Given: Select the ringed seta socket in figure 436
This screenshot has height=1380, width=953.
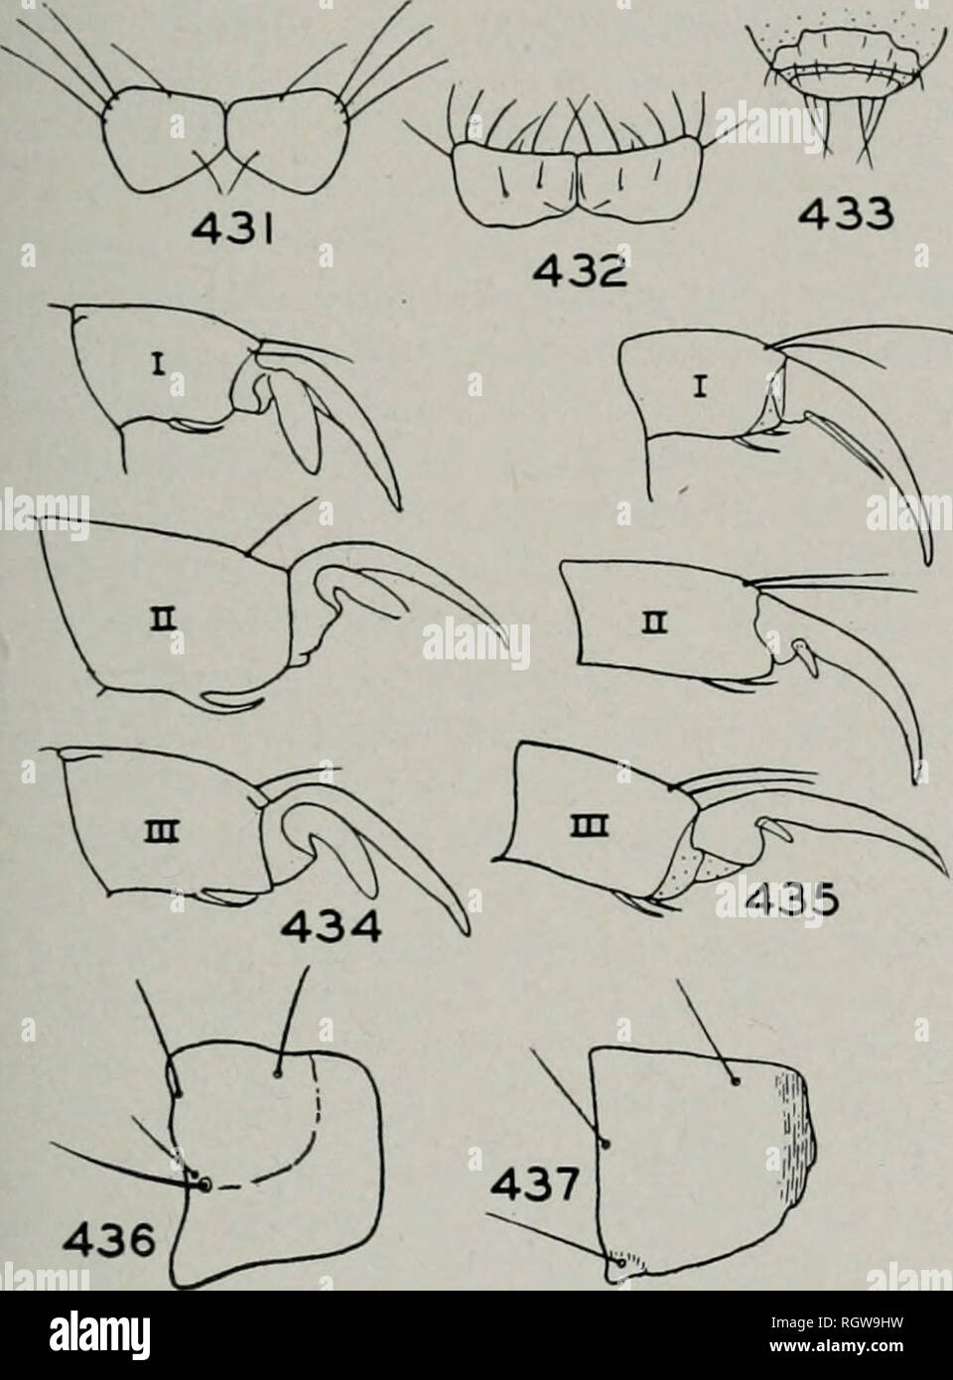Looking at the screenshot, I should pyautogui.click(x=205, y=1183).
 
